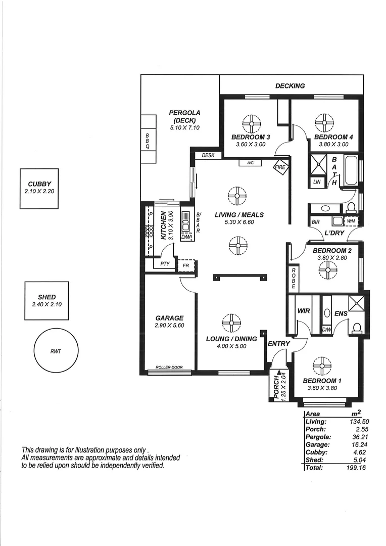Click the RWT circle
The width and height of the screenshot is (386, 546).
[56, 350]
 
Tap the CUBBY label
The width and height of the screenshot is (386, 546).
[39, 184]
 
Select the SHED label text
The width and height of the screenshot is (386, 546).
[46, 297]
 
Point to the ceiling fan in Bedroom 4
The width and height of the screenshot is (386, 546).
[324, 122]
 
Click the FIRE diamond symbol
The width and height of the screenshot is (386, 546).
[279, 167]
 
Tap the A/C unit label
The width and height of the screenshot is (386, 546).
[250, 163]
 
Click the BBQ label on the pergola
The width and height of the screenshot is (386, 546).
[148, 141]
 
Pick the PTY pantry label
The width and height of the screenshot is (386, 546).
[165, 263]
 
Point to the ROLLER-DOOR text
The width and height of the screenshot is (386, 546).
[169, 368]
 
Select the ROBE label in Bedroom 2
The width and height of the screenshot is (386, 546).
[293, 277]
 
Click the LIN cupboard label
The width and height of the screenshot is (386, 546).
[317, 181]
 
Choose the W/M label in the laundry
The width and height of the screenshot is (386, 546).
[351, 221]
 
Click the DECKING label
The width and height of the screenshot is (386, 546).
[290, 86]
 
